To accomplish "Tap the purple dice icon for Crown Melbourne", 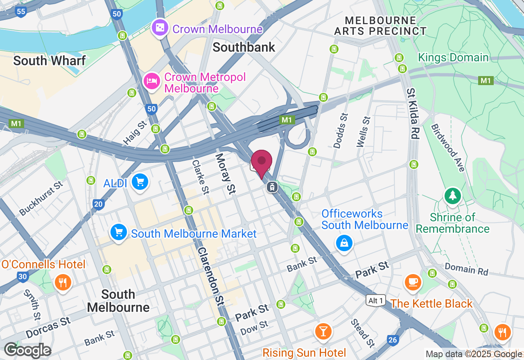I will pyautogui.click(x=160, y=28).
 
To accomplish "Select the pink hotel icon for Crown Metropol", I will pyautogui.click(x=152, y=81).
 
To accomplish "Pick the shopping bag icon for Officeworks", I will pyautogui.click(x=344, y=243).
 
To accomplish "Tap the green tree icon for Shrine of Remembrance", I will pyautogui.click(x=452, y=196).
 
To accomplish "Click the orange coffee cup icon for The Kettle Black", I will pyautogui.click(x=413, y=282).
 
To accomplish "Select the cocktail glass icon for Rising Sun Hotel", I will pyautogui.click(x=323, y=331).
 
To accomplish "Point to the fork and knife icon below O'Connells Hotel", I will pyautogui.click(x=63, y=282).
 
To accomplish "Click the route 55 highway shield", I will pyautogui.click(x=21, y=11).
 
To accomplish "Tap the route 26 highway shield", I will pyautogui.click(x=393, y=340).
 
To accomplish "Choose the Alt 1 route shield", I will pyautogui.click(x=376, y=301).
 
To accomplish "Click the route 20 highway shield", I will pyautogui.click(x=98, y=205).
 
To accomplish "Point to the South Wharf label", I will pyautogui.click(x=49, y=61).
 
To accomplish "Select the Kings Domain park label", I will pyautogui.click(x=453, y=58).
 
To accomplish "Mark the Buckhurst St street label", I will pyautogui.click(x=41, y=198).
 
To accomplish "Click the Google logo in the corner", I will pyautogui.click(x=27, y=350).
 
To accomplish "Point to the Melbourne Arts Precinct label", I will pyautogui.click(x=380, y=25).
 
